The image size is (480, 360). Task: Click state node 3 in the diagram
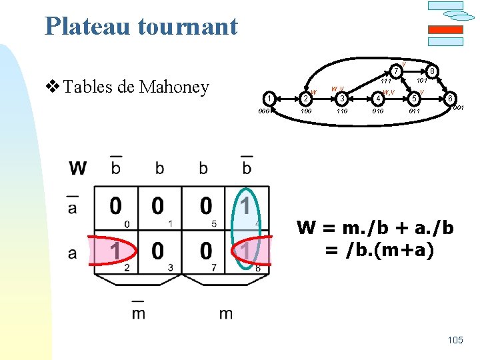click(x=341, y=99)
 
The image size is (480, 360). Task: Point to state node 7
click(x=395, y=71)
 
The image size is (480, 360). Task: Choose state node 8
click(x=432, y=71)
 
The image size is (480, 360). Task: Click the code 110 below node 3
click(x=341, y=111)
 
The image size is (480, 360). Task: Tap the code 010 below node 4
click(x=378, y=111)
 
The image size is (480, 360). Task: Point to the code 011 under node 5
click(x=415, y=111)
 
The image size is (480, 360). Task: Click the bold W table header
click(x=77, y=168)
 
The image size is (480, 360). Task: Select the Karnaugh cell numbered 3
click(x=159, y=253)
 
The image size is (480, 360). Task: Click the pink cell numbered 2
click(x=116, y=253)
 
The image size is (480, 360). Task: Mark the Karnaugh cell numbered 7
click(x=203, y=253)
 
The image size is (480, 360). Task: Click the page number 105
click(x=455, y=341)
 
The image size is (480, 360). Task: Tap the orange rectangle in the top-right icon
click(x=445, y=30)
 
